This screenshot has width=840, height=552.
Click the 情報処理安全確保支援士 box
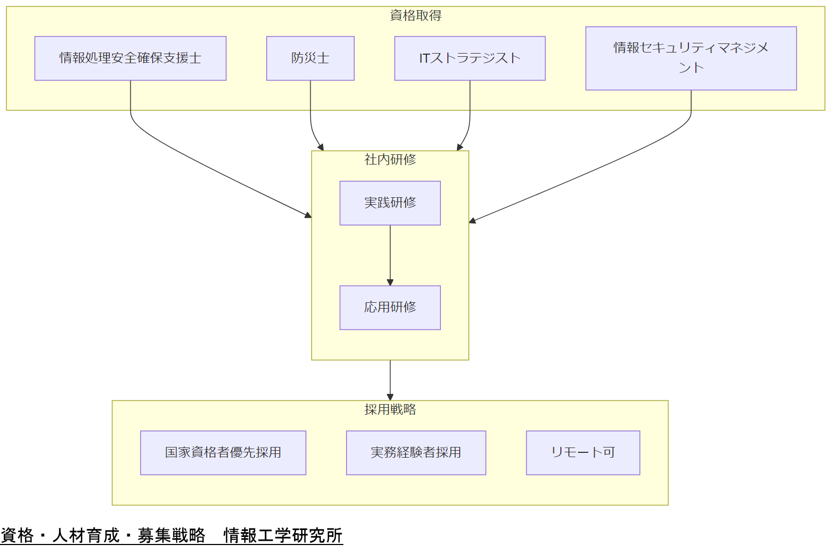pyautogui.click(x=130, y=58)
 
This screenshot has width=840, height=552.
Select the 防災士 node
pyautogui.click(x=310, y=58)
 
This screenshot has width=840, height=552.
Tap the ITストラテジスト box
pyautogui.click(x=470, y=58)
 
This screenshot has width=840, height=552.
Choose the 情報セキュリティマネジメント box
pyautogui.click(x=691, y=58)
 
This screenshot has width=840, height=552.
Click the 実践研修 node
pyautogui.click(x=390, y=203)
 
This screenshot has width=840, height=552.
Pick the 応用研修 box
pyautogui.click(x=390, y=308)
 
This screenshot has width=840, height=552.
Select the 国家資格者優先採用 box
pyautogui.click(x=223, y=453)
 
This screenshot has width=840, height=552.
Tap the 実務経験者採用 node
pyautogui.click(x=416, y=453)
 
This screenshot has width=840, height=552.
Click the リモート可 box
pyautogui.click(x=583, y=453)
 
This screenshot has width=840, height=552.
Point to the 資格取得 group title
pyautogui.click(x=416, y=16)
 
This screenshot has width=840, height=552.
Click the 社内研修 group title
pyautogui.click(x=390, y=160)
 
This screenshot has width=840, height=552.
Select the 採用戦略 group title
pyautogui.click(x=390, y=409)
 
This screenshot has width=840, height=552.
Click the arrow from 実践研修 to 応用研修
pyautogui.click(x=390, y=255)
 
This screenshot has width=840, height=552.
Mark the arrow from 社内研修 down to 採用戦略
pyautogui.click(x=390, y=379)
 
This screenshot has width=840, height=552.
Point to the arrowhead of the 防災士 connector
pyautogui.click(x=321, y=147)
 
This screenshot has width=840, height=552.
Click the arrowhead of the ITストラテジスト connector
pyautogui.click(x=459, y=147)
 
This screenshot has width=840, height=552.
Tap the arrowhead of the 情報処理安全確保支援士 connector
pyautogui.click(x=308, y=215)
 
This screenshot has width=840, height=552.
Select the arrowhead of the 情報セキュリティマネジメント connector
pyautogui.click(x=472, y=220)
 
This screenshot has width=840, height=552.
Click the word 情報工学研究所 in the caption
pyautogui.click(x=283, y=535)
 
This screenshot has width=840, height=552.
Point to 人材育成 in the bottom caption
pyautogui.click(x=86, y=535)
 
